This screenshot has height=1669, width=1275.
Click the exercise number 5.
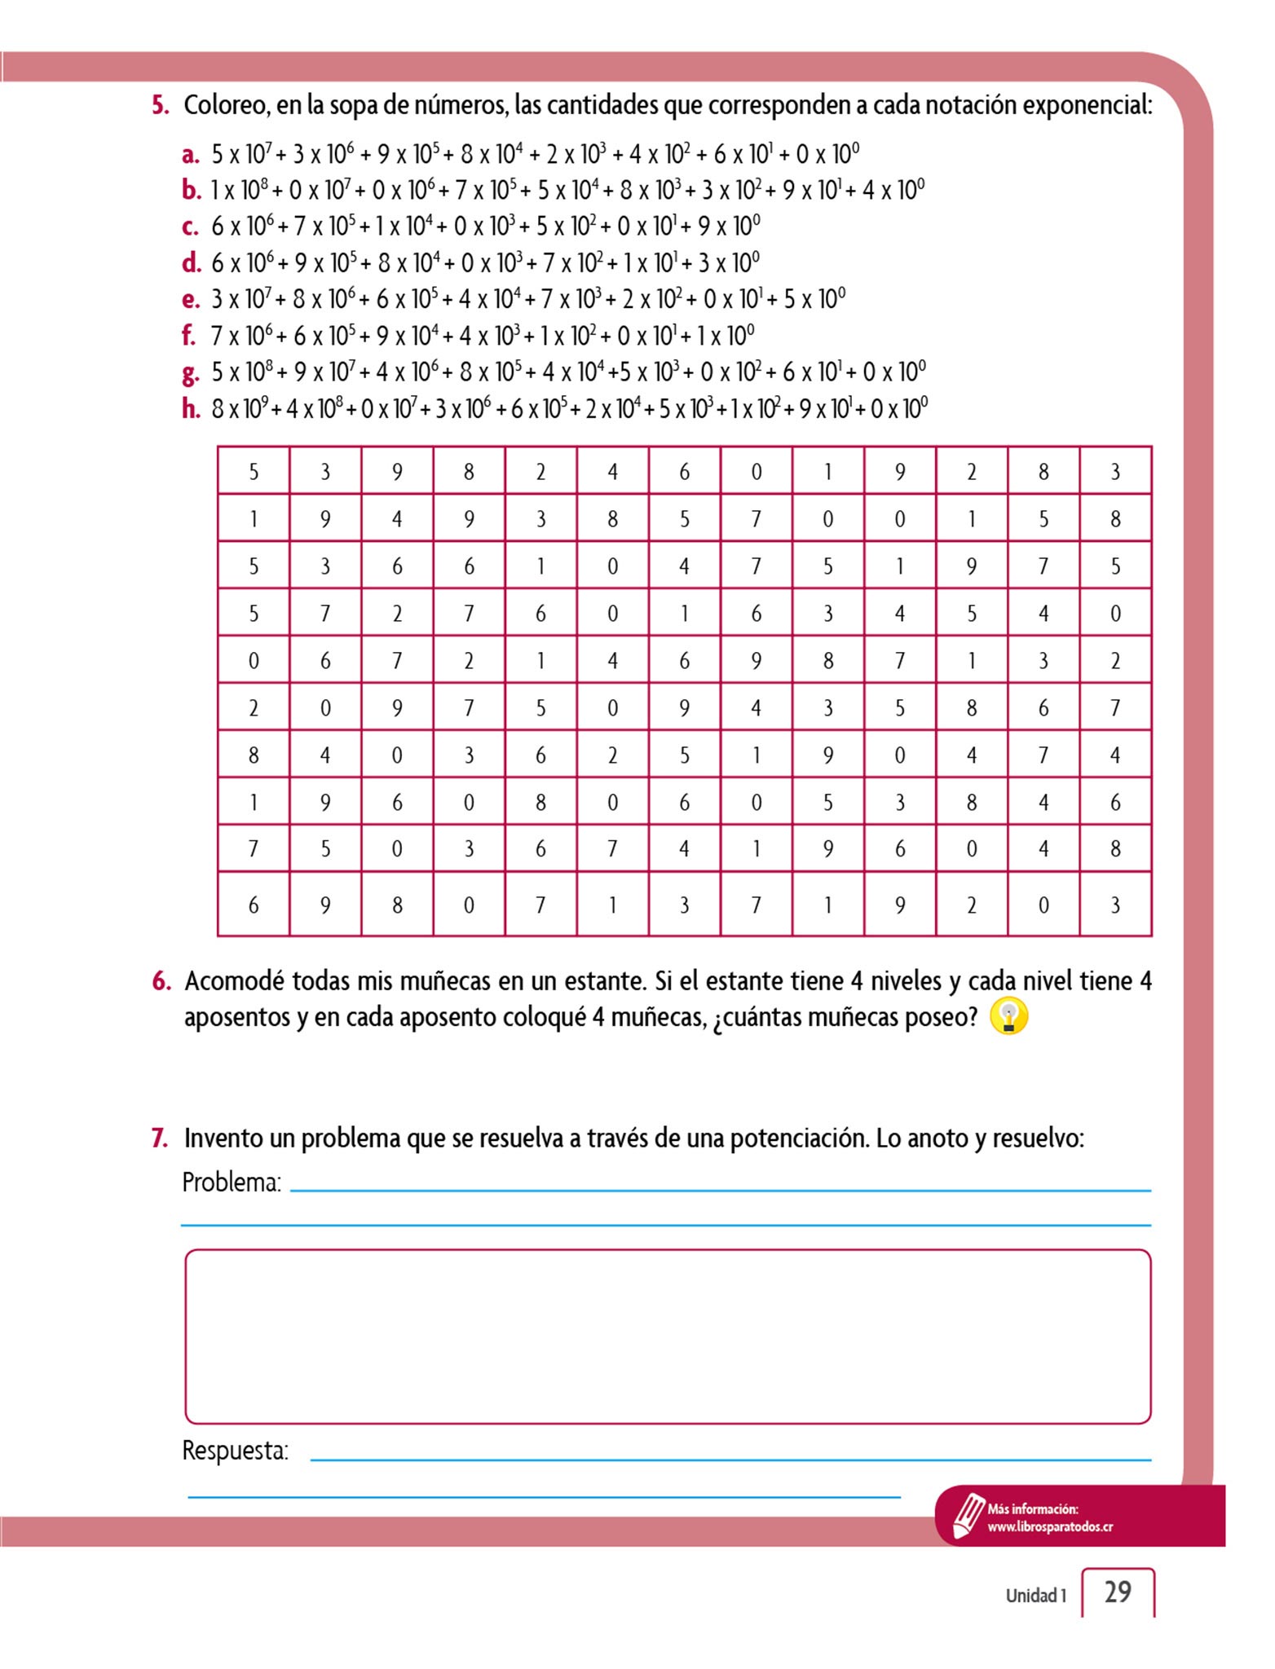160,105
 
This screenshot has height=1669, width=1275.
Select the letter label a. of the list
191,154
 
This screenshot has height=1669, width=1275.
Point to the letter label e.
191,299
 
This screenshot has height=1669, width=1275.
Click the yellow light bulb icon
1008,1017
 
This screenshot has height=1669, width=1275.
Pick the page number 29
1118,1592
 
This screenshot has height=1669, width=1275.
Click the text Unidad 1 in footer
1035,1595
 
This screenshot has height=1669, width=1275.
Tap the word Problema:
232,1182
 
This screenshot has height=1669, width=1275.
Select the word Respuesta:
235,1451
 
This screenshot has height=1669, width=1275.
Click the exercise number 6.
161,980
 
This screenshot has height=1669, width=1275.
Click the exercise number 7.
160,1138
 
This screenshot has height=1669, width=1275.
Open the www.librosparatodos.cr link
1050,1526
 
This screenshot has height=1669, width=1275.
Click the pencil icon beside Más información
968,1514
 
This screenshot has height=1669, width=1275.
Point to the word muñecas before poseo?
852,1017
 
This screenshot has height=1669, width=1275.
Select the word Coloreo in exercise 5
225,105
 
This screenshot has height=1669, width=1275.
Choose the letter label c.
191,227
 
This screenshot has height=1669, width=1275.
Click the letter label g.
191,373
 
